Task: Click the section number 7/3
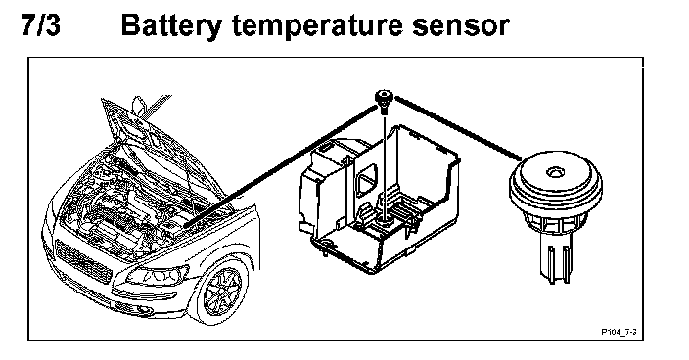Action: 40,25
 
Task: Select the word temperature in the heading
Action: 316,27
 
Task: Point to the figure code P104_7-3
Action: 620,332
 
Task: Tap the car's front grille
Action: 82,262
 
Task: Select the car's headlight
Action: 157,276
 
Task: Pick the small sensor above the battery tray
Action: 384,102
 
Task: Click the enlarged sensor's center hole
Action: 555,171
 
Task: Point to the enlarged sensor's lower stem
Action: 556,261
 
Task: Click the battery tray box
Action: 379,200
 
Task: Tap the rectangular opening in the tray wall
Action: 366,179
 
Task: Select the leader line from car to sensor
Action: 280,165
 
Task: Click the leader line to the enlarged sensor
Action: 458,128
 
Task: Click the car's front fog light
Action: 144,310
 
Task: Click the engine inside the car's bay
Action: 127,210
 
